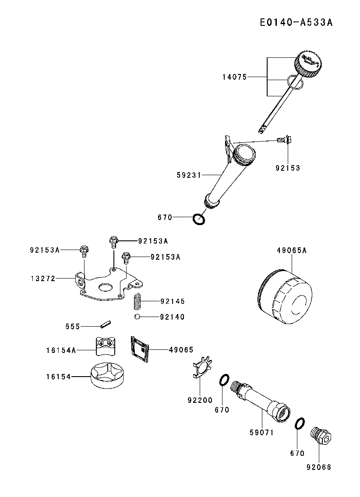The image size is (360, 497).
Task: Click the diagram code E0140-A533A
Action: [296, 22]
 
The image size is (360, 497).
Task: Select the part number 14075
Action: [234, 77]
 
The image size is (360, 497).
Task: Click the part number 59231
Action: [189, 175]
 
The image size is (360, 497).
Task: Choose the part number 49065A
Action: [292, 250]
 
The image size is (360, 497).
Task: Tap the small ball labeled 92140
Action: [137, 317]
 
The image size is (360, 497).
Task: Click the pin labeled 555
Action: [106, 325]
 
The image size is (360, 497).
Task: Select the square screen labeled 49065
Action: [140, 349]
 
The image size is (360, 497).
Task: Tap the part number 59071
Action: [261, 432]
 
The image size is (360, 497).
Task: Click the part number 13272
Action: [43, 278]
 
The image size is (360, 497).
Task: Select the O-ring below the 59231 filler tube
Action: [199, 219]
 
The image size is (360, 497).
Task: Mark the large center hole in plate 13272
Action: [106, 287]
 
